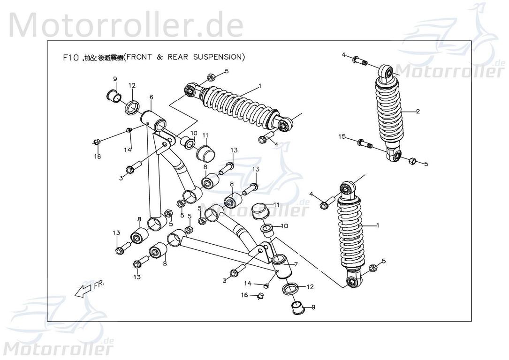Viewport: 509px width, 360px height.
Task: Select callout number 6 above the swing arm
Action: (x=151, y=97)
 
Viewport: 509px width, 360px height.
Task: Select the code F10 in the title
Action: (x=70, y=58)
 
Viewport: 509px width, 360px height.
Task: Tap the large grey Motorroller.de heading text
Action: (x=126, y=24)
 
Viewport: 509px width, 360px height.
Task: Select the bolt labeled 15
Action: (x=364, y=143)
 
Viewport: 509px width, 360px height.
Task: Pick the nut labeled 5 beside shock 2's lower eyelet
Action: (x=412, y=161)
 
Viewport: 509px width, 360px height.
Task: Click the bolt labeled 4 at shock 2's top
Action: (x=360, y=61)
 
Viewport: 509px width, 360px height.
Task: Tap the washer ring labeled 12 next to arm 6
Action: (x=133, y=107)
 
